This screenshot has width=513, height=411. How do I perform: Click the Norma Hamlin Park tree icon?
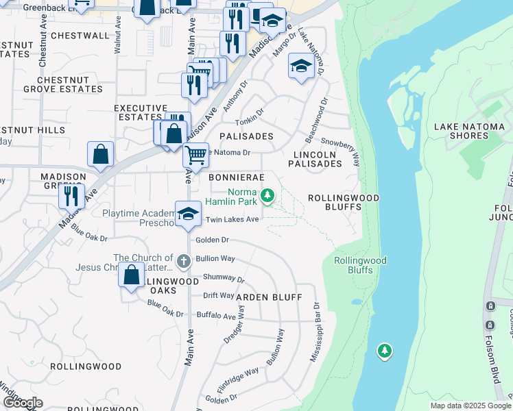pos(268,197)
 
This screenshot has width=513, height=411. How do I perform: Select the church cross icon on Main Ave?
pos(183,260)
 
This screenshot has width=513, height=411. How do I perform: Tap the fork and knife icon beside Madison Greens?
pos(71,196)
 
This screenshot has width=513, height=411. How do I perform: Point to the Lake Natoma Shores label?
pos(470,131)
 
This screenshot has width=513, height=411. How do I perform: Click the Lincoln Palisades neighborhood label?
pos(315,159)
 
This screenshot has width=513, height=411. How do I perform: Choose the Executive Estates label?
pos(141,113)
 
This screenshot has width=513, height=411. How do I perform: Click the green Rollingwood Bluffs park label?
pos(360,265)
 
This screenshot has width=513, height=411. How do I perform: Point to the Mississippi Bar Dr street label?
pos(315,332)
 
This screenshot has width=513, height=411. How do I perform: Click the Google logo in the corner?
pos(23,402)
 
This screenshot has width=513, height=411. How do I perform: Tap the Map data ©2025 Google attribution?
pos(470,406)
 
